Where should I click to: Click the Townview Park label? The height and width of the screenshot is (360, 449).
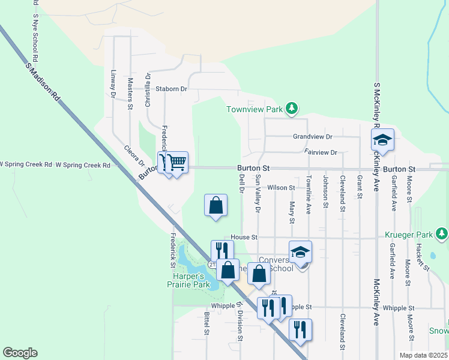254,109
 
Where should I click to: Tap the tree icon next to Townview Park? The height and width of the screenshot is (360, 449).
292,108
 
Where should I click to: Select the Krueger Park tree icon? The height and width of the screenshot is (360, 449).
442,232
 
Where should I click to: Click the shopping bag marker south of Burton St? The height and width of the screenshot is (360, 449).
215,206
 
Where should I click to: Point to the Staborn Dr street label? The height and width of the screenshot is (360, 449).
172,89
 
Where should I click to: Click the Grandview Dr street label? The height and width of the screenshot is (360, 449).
313,137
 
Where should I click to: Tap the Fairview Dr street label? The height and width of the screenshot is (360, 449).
321,152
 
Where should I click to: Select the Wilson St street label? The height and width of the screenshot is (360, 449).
282,188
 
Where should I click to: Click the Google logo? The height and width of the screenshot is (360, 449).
20,353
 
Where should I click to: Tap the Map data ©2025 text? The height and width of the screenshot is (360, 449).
423,355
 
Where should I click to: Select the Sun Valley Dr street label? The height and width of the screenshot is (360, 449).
258,194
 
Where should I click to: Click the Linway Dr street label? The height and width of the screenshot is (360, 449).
113,83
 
